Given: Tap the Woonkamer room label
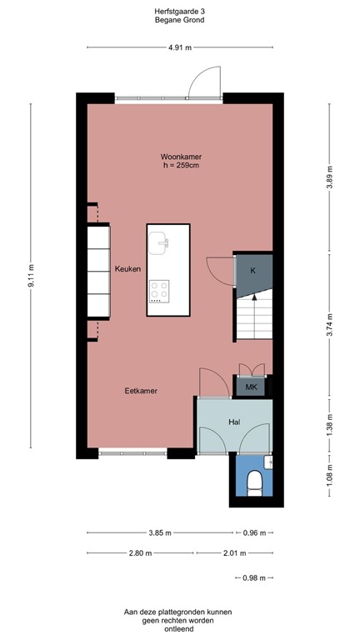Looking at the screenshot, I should point(182,157).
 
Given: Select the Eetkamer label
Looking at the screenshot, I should point(142,390).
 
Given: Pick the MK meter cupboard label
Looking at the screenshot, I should point(251,387).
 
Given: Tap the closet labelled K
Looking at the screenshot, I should point(252,271).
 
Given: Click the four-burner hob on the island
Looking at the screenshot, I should point(159,291).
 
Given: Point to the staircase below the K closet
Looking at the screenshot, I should point(252,318).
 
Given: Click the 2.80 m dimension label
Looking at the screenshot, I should point(139,553).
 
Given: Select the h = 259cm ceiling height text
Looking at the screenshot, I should point(182,166).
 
